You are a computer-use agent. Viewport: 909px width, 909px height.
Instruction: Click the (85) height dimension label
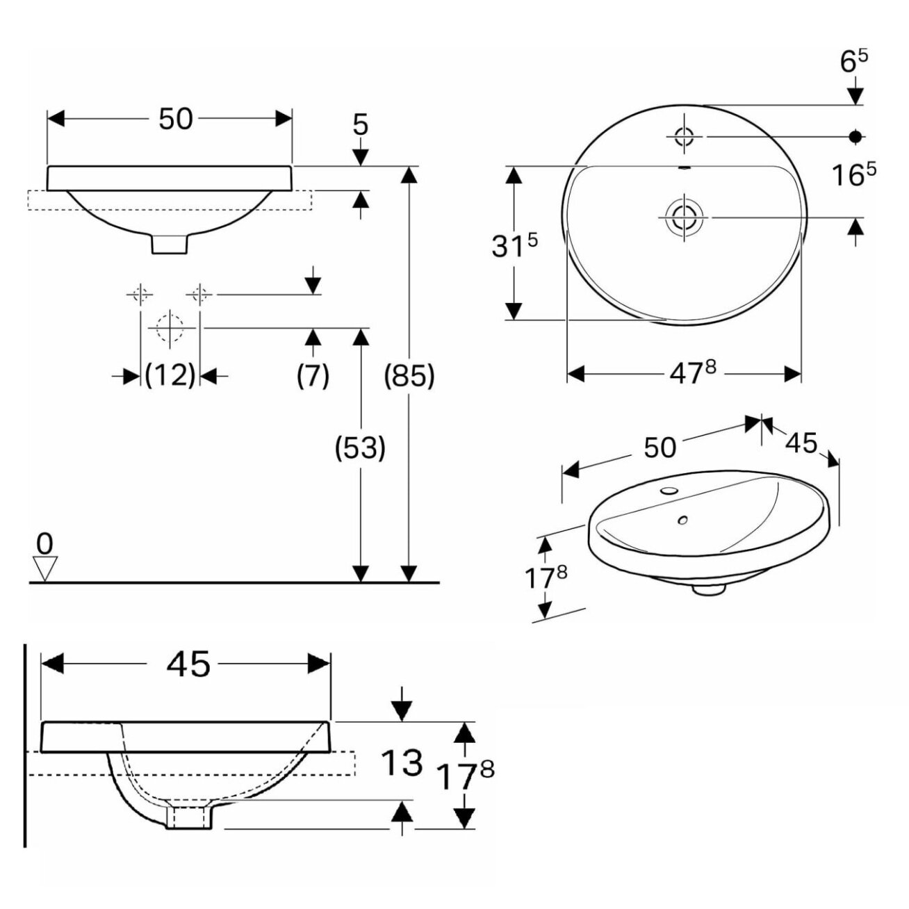point(409,377)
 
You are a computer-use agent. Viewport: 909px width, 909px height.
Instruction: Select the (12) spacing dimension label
point(170,376)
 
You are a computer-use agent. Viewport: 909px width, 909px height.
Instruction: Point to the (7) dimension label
point(313,377)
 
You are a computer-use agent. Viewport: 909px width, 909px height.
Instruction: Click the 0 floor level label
point(44,544)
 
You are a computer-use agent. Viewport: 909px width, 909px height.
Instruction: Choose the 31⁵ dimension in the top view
point(514,245)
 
